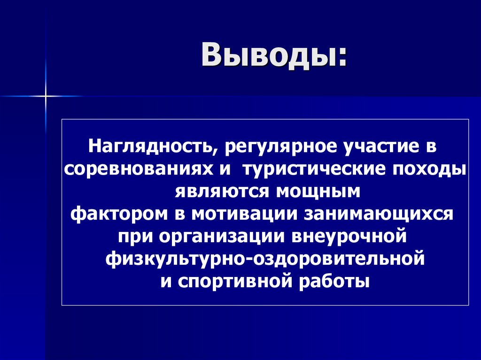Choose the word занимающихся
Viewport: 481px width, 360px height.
click(x=380, y=214)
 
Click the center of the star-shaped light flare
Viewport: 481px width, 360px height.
click(x=46, y=96)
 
